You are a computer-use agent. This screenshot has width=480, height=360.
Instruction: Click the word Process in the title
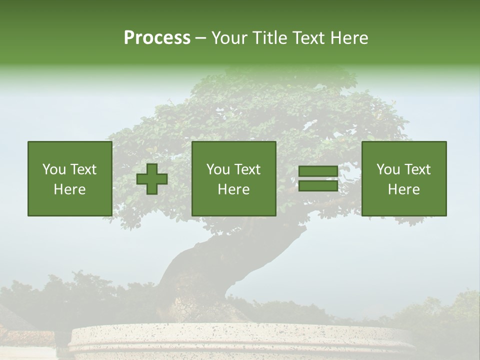[157, 38]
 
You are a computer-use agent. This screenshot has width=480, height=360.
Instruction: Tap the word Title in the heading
[270, 38]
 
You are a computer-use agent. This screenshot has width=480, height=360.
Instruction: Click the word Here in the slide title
[350, 38]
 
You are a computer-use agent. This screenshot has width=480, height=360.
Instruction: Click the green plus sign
[152, 178]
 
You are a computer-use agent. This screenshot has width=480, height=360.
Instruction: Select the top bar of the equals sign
[318, 171]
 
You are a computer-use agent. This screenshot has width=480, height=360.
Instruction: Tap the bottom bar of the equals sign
[318, 185]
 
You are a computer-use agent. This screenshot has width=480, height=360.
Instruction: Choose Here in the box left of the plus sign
[69, 189]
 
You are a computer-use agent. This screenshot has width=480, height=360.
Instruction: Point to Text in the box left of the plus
[82, 169]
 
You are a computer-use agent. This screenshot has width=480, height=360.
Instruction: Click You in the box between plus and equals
[218, 169]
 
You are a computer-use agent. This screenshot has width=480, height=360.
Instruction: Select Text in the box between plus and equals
[246, 169]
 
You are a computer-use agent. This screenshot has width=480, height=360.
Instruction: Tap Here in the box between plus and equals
[233, 189]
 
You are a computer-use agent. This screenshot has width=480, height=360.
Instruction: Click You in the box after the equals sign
[388, 169]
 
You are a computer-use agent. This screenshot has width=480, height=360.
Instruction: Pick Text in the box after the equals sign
[416, 169]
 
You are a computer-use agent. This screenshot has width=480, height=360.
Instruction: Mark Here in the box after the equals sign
[403, 189]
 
